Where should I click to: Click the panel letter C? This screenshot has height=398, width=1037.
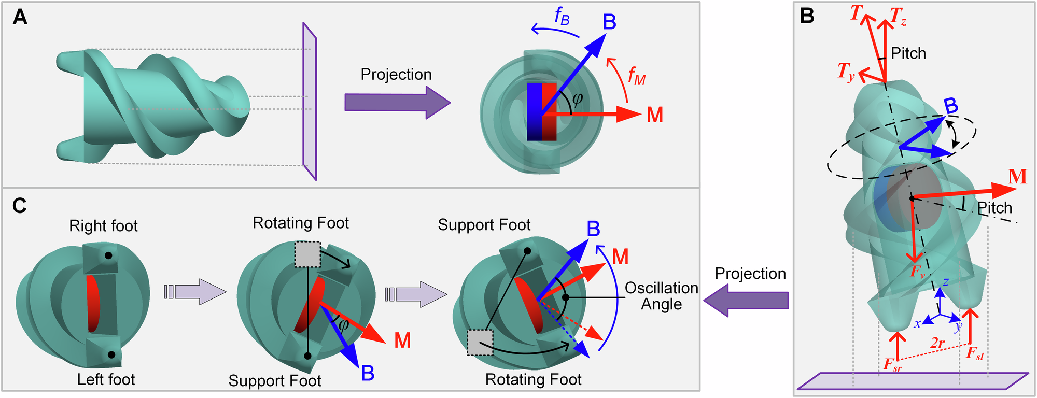click(20, 206)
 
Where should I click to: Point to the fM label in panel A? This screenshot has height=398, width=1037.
click(636, 76)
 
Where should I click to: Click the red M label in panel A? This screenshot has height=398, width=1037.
click(655, 115)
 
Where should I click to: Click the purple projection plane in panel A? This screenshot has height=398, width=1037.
click(310, 101)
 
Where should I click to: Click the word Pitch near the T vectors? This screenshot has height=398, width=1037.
click(908, 53)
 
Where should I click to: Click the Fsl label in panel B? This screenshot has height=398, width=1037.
click(975, 354)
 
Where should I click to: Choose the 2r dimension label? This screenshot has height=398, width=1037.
click(937, 343)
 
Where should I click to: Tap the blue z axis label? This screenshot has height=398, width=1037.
click(946, 282)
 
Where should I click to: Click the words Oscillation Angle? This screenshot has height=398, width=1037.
click(661, 296)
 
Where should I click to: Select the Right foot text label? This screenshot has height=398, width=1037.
click(103, 226)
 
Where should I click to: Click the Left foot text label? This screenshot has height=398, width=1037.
click(106, 379)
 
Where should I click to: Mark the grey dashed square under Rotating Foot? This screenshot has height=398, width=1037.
click(307, 254)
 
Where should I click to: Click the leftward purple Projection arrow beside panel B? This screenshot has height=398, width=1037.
click(747, 303)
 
